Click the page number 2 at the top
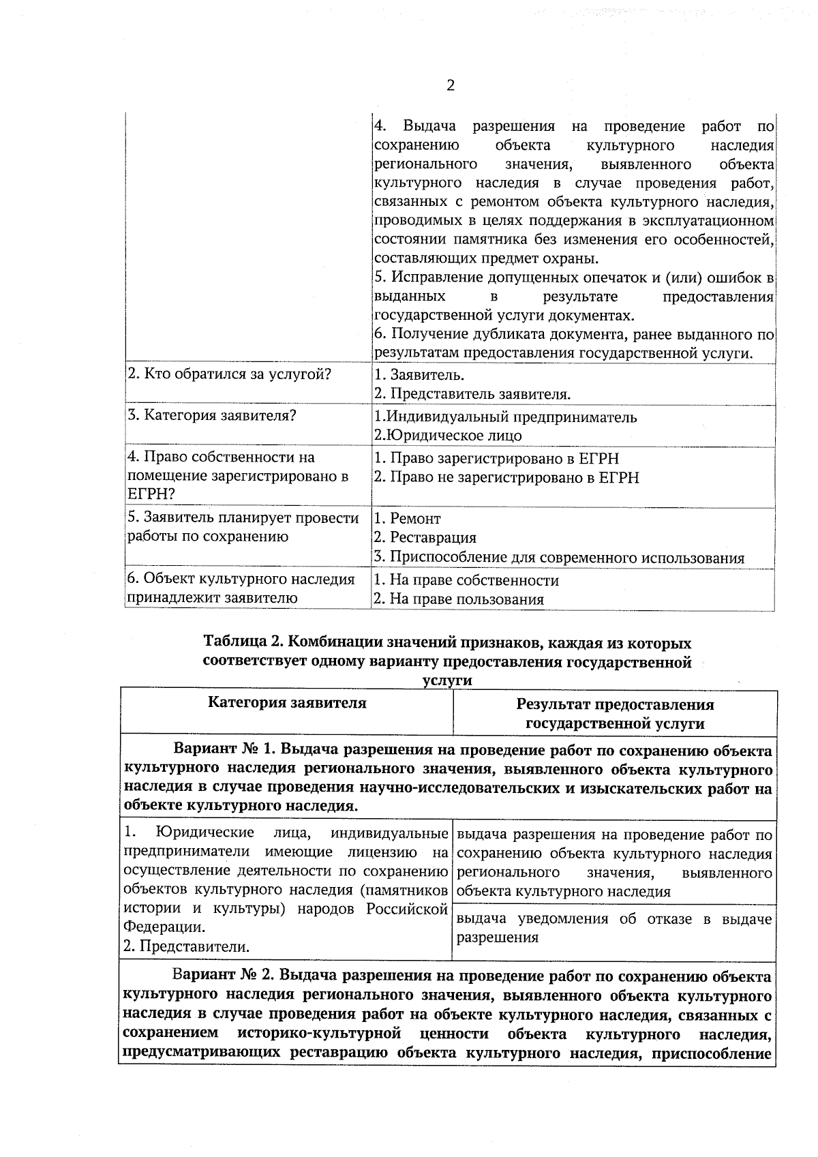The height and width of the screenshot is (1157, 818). pos(450,85)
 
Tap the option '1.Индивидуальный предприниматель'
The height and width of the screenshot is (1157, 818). pos(505,417)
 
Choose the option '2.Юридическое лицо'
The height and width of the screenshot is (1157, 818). pos(448,436)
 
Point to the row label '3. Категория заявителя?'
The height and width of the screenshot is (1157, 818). pos(211,415)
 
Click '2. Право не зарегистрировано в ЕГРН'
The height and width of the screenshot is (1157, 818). pos(506,477)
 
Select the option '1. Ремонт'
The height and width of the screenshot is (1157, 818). pos(407,519)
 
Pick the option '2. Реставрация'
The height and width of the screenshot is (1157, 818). pos(425,538)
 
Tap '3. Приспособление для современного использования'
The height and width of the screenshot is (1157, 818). pos(558,558)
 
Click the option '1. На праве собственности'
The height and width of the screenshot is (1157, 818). pos(466,580)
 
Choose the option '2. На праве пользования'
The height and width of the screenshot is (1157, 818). pos(459,599)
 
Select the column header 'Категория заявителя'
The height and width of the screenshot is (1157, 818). pos(287,703)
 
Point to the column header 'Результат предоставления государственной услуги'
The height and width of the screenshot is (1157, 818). pos(615,714)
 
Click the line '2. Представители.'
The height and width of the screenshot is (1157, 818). pos(186,946)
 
